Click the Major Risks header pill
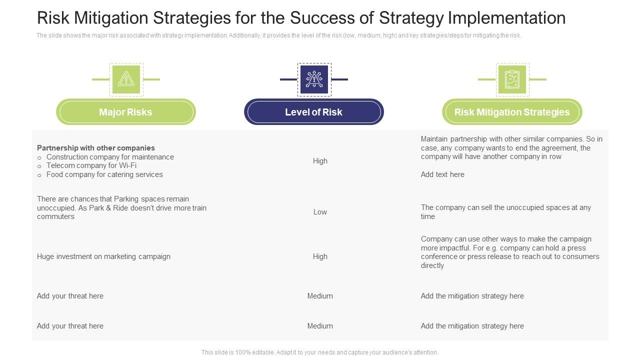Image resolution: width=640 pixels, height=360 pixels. (125, 112)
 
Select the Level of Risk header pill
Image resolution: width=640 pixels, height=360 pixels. (313, 112)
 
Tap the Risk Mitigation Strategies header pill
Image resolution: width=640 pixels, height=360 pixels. (511, 112)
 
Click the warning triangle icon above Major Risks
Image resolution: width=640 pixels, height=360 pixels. (126, 79)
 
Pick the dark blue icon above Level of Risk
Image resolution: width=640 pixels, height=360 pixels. (314, 79)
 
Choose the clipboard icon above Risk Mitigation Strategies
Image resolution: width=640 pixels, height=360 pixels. (512, 79)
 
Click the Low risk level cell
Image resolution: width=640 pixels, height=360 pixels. (320, 212)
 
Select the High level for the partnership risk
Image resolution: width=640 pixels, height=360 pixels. (320, 161)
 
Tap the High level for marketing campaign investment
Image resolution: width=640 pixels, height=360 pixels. (320, 256)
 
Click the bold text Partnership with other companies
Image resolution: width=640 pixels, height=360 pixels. (96, 148)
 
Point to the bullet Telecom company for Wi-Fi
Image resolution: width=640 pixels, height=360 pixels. (91, 165)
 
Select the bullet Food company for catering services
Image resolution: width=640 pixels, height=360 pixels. (104, 174)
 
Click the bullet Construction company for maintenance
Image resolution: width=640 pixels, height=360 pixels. (110, 157)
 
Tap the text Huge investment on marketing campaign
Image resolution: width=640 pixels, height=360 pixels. (103, 256)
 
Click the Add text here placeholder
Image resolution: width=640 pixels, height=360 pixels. (442, 174)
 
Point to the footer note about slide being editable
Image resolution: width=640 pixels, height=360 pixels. (319, 352)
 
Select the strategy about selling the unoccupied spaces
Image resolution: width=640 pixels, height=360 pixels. (505, 212)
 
